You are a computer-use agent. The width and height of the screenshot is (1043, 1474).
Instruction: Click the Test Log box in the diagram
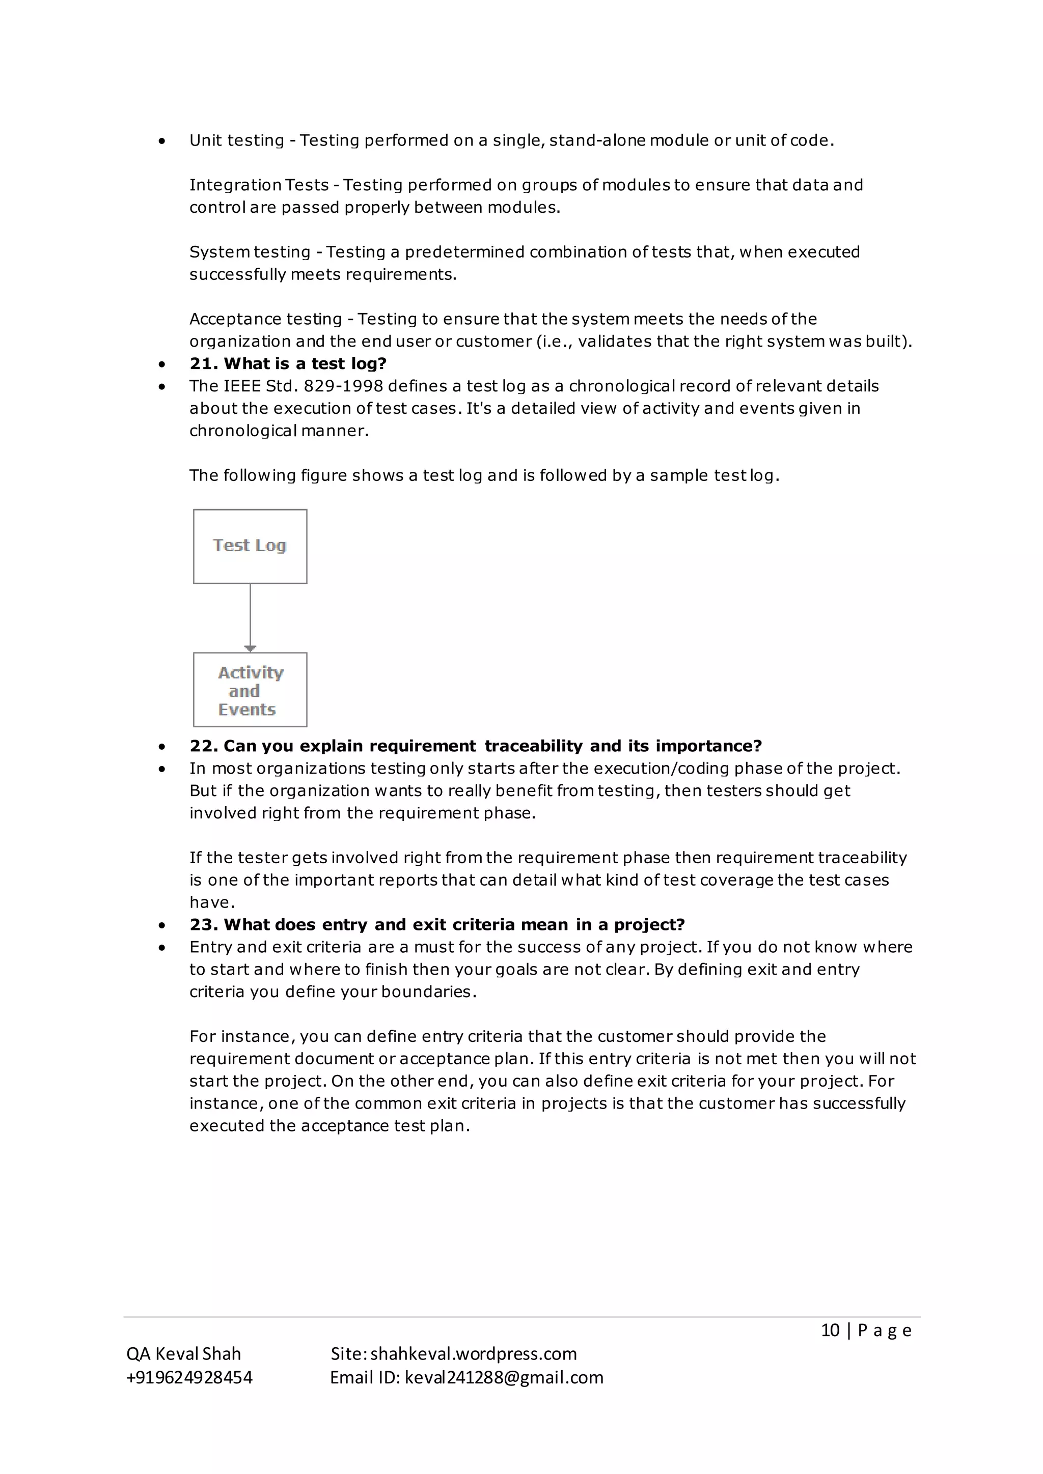250,546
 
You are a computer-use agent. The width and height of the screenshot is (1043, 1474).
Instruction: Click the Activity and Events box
250,690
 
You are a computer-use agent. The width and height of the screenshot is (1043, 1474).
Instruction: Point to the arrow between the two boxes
250,617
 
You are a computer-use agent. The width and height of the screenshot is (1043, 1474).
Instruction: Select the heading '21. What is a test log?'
288,363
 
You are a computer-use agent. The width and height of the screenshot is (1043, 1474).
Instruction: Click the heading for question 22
475,746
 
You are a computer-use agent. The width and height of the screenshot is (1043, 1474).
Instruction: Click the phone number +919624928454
189,1377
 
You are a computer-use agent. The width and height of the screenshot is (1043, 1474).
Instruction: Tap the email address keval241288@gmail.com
504,1377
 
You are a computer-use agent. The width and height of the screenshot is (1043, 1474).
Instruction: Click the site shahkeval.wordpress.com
473,1353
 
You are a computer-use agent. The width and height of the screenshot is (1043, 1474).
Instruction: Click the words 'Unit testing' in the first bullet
236,140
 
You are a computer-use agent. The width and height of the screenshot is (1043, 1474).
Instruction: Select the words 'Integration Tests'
259,185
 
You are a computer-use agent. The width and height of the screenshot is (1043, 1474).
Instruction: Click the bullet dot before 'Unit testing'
162,140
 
